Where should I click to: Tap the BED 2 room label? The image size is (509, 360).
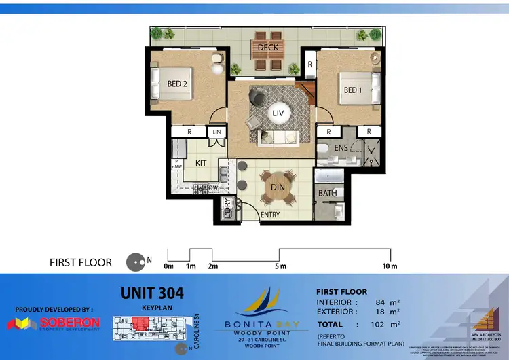click(177, 84)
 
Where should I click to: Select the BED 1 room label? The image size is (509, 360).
click(353, 90)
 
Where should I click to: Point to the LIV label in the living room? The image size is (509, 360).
click(278, 113)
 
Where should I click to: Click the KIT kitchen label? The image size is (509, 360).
click(201, 164)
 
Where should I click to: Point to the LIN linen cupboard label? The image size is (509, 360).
click(217, 132)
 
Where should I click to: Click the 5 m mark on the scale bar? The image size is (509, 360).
click(280, 266)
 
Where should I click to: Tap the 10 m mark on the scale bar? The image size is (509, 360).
click(390, 266)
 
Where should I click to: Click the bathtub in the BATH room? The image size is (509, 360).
click(328, 179)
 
